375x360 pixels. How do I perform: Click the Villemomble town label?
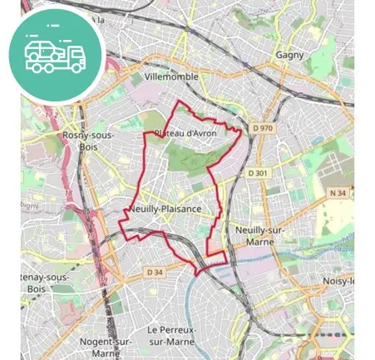click(x=171, y=76)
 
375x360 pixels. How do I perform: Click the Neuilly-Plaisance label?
click(x=165, y=210)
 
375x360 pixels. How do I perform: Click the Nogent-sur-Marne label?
click(x=105, y=347)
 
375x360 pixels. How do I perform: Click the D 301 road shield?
click(x=259, y=173)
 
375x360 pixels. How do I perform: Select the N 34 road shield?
click(x=337, y=194)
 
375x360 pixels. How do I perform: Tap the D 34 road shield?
click(x=155, y=272)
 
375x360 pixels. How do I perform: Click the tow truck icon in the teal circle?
click(x=56, y=55)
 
